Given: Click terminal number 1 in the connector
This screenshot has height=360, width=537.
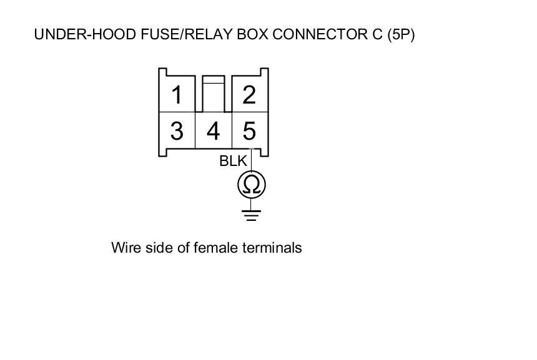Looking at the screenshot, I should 177,95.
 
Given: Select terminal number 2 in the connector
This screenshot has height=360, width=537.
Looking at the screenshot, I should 249,95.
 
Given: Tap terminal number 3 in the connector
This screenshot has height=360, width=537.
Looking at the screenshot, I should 177,131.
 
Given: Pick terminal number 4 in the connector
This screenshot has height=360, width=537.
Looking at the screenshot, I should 214,131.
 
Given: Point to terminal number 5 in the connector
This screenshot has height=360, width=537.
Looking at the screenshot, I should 249,131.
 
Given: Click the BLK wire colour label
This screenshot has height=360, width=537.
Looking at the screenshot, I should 233,161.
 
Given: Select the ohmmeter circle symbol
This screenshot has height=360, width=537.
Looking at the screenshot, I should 252,185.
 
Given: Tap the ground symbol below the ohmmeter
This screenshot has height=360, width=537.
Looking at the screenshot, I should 252,216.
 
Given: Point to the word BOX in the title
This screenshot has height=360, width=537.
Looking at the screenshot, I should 252,34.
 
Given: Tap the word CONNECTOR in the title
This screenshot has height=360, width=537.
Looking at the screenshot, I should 319,34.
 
